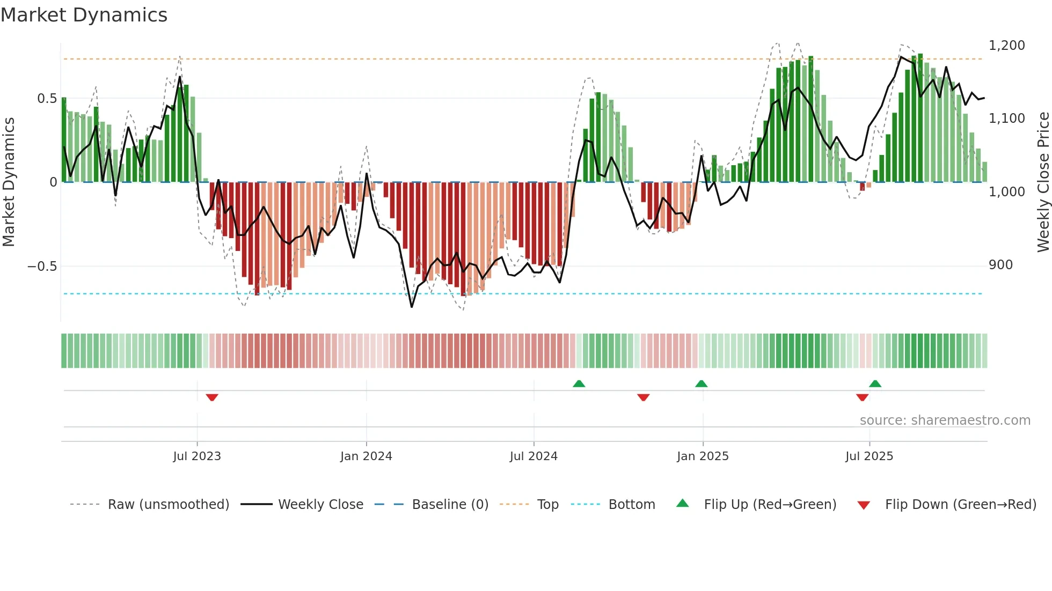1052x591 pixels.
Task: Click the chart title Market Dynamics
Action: (84, 15)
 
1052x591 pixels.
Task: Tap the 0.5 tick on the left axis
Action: (47, 99)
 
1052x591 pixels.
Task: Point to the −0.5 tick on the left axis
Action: (42, 267)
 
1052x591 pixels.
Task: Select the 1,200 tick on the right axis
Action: (1006, 46)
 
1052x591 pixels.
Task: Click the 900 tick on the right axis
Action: (1000, 265)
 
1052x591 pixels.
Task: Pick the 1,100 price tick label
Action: (1006, 119)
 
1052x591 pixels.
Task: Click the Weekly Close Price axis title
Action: (1043, 182)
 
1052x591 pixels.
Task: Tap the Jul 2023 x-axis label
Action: (197, 456)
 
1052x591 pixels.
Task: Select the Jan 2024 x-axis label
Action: (366, 456)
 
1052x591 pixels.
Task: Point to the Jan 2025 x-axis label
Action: (703, 456)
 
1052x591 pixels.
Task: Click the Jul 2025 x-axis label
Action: (869, 456)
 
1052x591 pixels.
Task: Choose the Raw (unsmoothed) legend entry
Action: (168, 505)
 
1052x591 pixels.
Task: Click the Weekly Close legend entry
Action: (320, 505)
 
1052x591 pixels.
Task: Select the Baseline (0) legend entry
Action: (450, 505)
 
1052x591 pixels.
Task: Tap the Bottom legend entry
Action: (631, 505)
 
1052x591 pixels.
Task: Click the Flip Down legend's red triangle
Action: (864, 505)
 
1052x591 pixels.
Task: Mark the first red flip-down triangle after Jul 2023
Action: (212, 397)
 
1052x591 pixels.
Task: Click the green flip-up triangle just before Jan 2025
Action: (701, 383)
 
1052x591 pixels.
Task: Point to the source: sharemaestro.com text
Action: (945, 420)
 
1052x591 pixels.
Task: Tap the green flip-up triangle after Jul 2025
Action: (875, 383)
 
